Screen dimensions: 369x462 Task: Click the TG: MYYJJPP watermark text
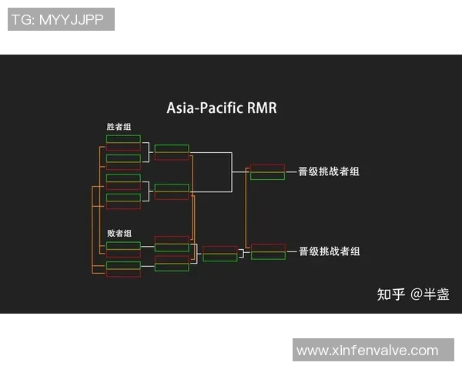pos(61,19)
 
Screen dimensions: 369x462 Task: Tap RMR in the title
pos(261,108)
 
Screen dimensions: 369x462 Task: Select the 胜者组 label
pos(119,127)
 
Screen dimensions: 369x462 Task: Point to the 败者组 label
pos(119,233)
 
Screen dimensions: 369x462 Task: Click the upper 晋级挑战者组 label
pos(329,171)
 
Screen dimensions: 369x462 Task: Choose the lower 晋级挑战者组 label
pos(329,251)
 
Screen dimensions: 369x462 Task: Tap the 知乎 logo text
pos(390,294)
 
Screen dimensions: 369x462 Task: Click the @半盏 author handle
pos(430,294)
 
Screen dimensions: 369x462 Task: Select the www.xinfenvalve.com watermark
pos(367,351)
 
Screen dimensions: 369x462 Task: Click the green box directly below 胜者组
pos(123,139)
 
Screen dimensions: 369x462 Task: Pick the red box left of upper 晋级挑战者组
pos(267,168)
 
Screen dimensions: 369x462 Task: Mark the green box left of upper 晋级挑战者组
pos(267,176)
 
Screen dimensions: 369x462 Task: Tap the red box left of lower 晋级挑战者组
pos(267,248)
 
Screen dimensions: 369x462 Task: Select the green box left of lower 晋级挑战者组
pos(267,256)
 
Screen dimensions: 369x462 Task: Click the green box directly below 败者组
pos(123,245)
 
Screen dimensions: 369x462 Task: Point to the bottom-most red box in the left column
pos(123,274)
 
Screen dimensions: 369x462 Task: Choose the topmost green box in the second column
pos(171,148)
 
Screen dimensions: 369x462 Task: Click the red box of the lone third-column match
pos(219,249)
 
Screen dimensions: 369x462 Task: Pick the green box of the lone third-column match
pos(219,258)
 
